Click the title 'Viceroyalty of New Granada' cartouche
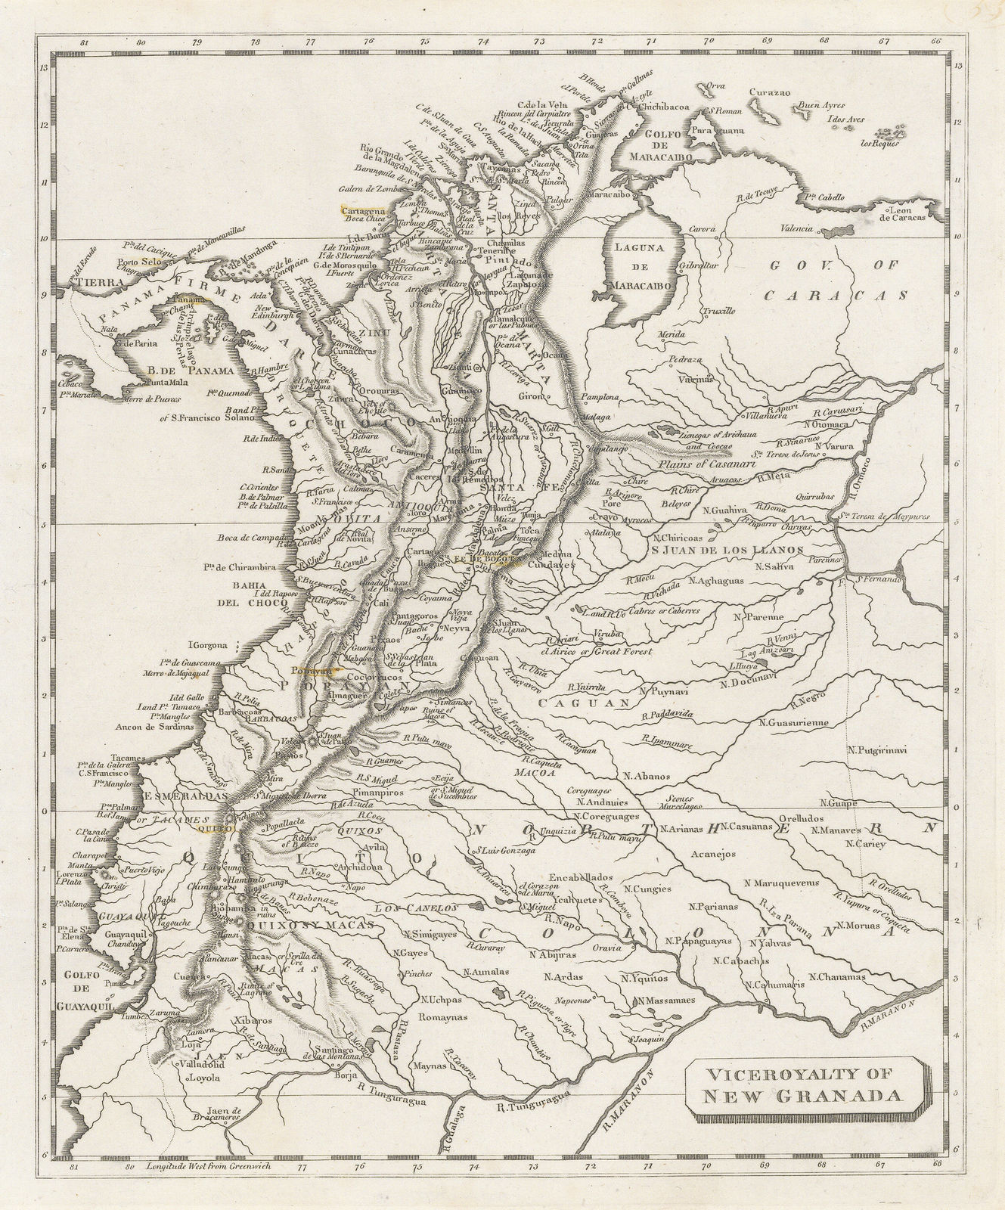click(805, 1087)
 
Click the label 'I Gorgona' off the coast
click(212, 646)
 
